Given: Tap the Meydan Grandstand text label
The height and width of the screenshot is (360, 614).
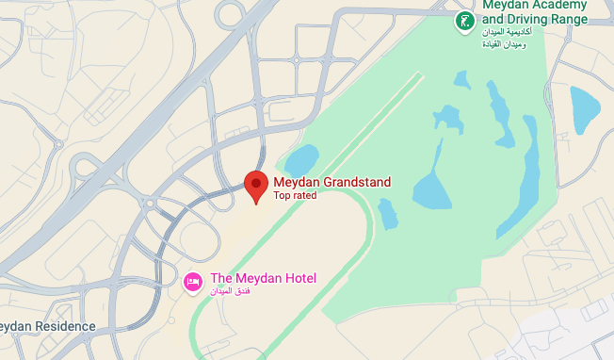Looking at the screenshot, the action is tap(331, 182).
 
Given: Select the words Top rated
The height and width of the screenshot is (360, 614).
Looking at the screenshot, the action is tap(295, 196).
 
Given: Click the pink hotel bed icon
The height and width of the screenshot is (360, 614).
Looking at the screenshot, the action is tap(192, 281).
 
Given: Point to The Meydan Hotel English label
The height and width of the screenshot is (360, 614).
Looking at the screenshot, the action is tap(263, 278).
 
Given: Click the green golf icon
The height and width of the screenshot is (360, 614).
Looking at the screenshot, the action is tap(463, 22).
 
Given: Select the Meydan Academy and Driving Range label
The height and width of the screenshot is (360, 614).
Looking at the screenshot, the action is tap(535, 11).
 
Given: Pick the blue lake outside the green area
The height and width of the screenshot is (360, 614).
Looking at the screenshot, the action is tap(584, 107).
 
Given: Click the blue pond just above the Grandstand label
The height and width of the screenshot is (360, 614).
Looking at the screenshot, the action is tap(301, 161).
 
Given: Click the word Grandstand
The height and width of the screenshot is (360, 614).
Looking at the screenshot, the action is tap(357, 182).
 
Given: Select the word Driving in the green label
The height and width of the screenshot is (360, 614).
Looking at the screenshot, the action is tap(531, 19).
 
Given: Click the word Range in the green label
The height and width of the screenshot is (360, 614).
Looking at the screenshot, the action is tap(571, 19).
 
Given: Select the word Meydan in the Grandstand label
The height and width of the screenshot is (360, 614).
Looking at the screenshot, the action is tap(297, 182).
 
